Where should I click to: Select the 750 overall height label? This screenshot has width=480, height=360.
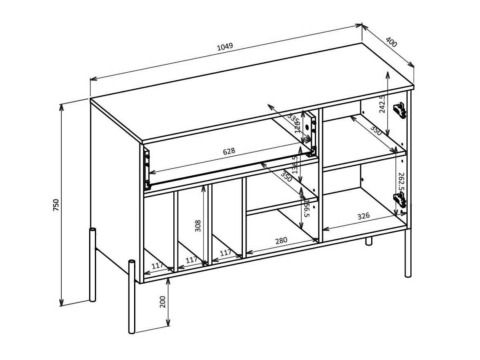coord(56,205)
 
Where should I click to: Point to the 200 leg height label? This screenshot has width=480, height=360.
coord(162,302)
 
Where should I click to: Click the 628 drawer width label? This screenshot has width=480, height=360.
coord(229,151)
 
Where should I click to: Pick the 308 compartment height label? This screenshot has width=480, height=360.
coord(198,226)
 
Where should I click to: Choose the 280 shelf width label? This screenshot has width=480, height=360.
coord(281,240)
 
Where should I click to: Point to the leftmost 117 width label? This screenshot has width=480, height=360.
coord(157,266)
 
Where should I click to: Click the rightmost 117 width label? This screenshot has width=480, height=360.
coord(226,253)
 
